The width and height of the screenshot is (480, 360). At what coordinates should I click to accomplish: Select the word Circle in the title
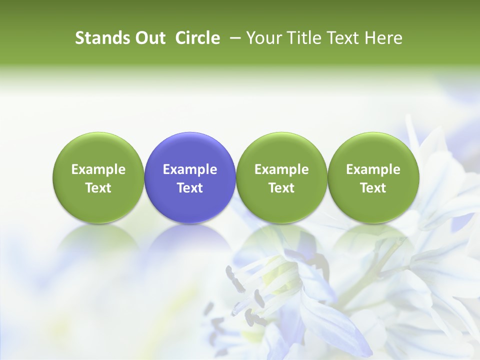(197, 38)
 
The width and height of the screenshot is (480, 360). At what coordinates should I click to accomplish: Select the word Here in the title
(383, 38)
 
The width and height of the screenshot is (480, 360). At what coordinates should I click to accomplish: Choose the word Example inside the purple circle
(190, 169)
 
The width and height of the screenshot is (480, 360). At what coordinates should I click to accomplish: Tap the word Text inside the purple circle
(190, 188)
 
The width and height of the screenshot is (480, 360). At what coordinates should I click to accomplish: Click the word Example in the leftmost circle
(98, 169)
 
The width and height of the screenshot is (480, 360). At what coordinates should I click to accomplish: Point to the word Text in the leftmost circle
(98, 188)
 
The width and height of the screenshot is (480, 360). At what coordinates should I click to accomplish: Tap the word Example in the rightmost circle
(373, 169)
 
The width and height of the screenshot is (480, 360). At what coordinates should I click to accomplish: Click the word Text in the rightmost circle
(373, 188)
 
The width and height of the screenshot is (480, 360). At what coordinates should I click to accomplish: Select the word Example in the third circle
(281, 169)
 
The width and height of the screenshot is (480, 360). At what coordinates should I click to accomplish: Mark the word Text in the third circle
(281, 188)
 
